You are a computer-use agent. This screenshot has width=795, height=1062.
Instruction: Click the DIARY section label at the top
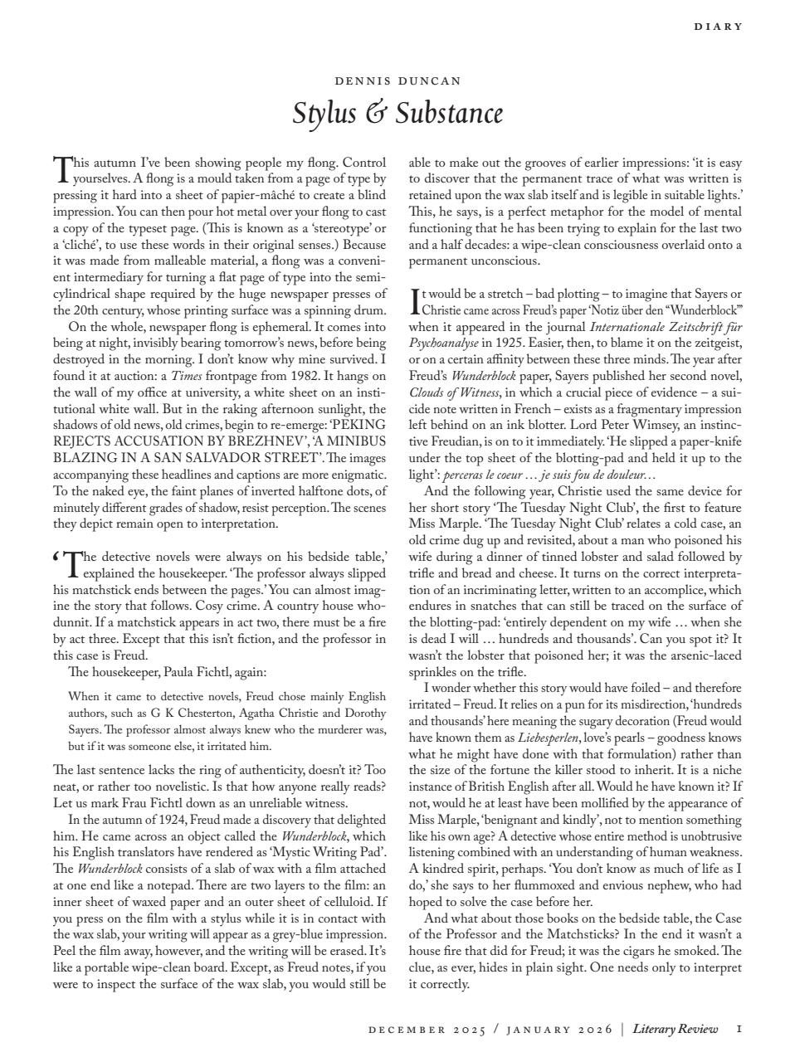(719, 27)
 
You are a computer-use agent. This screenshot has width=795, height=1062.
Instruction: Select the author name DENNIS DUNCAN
(397, 81)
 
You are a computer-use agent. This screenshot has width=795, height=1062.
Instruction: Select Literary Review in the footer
(675, 1030)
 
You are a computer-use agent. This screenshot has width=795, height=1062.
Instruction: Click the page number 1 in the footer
(739, 1030)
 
